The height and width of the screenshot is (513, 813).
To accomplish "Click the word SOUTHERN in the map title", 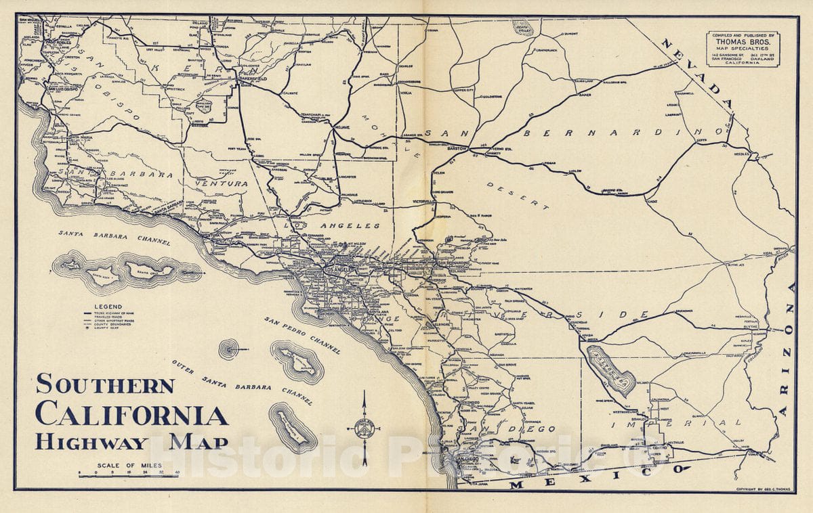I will coord(105,384).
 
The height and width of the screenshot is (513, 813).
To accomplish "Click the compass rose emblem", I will coord(364,428).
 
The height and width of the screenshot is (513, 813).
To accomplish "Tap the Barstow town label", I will coord(459,147).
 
